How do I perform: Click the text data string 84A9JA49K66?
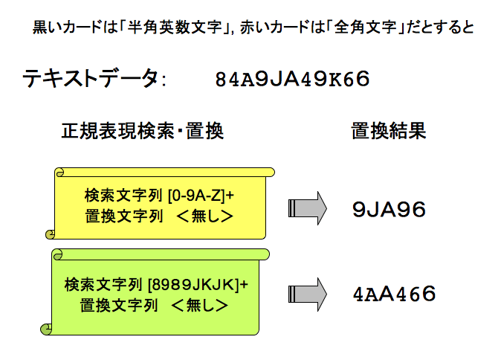coord(291,80)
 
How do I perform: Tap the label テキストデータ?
coord(90,78)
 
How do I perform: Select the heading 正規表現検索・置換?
coord(142,132)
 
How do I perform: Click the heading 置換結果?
coord(387,132)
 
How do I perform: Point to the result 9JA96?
coord(389,210)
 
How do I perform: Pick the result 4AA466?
coord(394,294)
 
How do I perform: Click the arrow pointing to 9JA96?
coord(307,208)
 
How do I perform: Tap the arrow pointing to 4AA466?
coord(307,294)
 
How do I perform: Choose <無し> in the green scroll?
coord(198,305)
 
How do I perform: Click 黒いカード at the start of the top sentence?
coord(62,29)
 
